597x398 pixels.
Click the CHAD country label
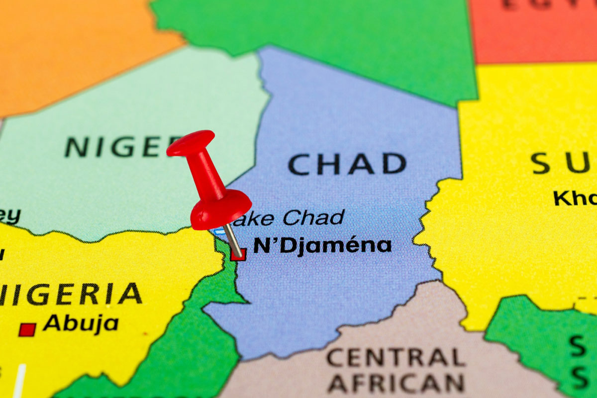tap(347, 164)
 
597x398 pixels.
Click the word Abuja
tap(81, 324)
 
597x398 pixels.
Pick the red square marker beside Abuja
tap(27, 329)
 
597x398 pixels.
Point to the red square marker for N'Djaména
tap(238, 254)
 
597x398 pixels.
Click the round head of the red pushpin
tap(221, 209)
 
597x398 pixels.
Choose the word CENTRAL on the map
tap(396, 357)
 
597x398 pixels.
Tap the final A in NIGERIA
tap(130, 294)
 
